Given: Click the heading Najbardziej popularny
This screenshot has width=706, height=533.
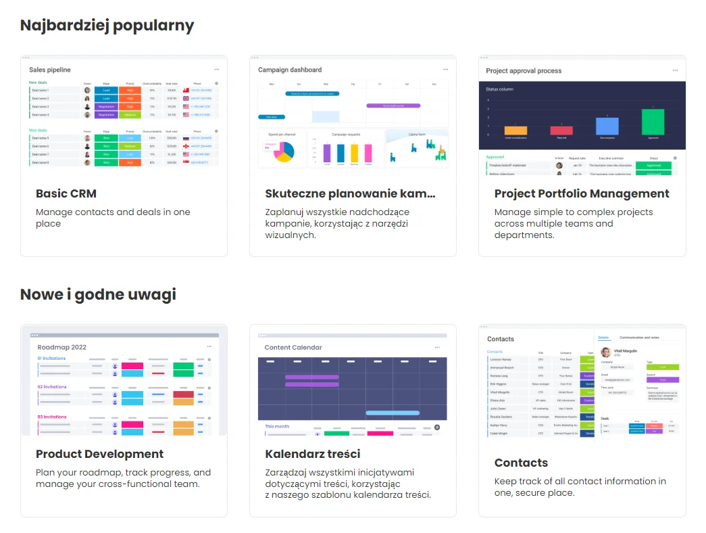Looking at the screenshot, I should coord(107,26).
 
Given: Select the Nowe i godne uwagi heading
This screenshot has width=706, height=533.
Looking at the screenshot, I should coord(98,294).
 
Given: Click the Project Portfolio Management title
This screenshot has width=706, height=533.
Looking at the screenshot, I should coord(581,193).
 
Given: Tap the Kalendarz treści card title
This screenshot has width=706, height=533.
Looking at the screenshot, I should coord(312,454).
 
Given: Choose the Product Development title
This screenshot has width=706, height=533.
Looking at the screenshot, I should coord(99,454).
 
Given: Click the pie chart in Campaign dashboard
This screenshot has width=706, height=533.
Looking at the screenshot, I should coord(284,152).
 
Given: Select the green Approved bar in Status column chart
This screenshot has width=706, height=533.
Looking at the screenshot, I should coord(653,122).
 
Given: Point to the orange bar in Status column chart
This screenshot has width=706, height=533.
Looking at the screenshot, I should coord(515,130).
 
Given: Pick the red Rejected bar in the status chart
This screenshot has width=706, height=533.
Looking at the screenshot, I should coord(561,130).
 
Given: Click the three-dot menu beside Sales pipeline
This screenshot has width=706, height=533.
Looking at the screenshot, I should coord(217,70).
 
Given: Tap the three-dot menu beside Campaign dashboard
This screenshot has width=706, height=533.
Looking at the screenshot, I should coord(445,70).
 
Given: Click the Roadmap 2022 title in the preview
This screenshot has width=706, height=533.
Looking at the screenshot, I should coord(62,347).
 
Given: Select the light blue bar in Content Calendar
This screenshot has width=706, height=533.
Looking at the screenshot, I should coord(392,413).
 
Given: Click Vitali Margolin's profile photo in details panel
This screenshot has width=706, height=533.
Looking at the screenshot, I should coord(605,352).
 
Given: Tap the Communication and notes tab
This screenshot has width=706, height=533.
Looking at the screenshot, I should coord(639,338).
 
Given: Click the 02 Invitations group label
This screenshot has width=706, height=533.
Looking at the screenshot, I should coord(52,387).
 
